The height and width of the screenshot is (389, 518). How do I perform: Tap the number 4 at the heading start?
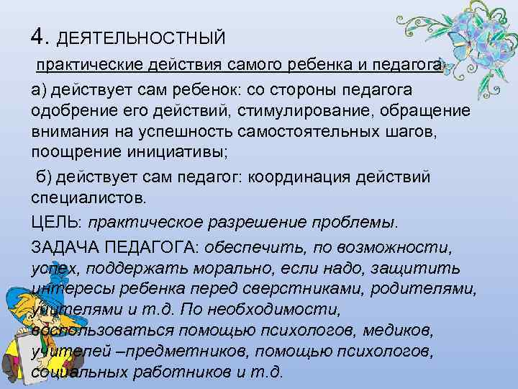point(39,35)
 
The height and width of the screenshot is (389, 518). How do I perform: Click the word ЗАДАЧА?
point(65,247)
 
